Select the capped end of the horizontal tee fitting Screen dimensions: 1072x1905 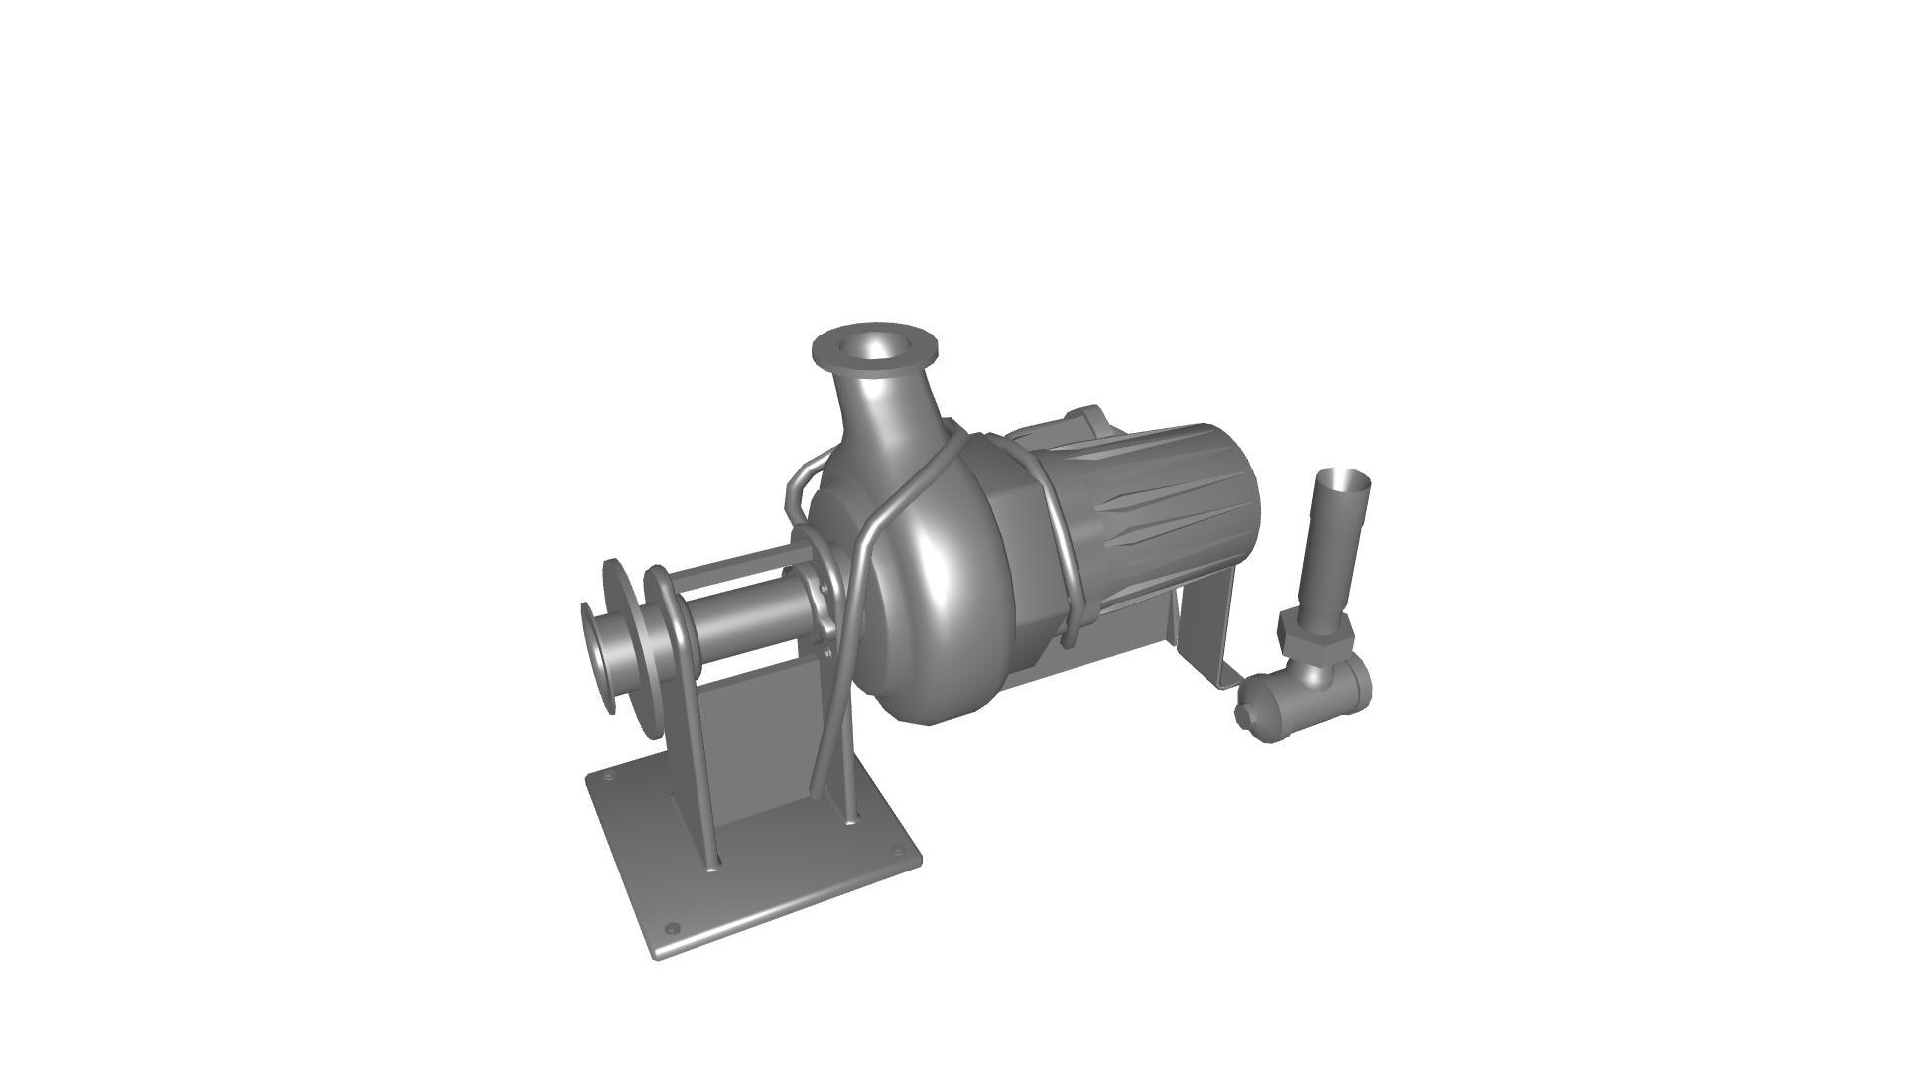point(1251,710)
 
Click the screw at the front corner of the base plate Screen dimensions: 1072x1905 point(672,929)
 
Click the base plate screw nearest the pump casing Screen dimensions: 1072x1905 point(899,852)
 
